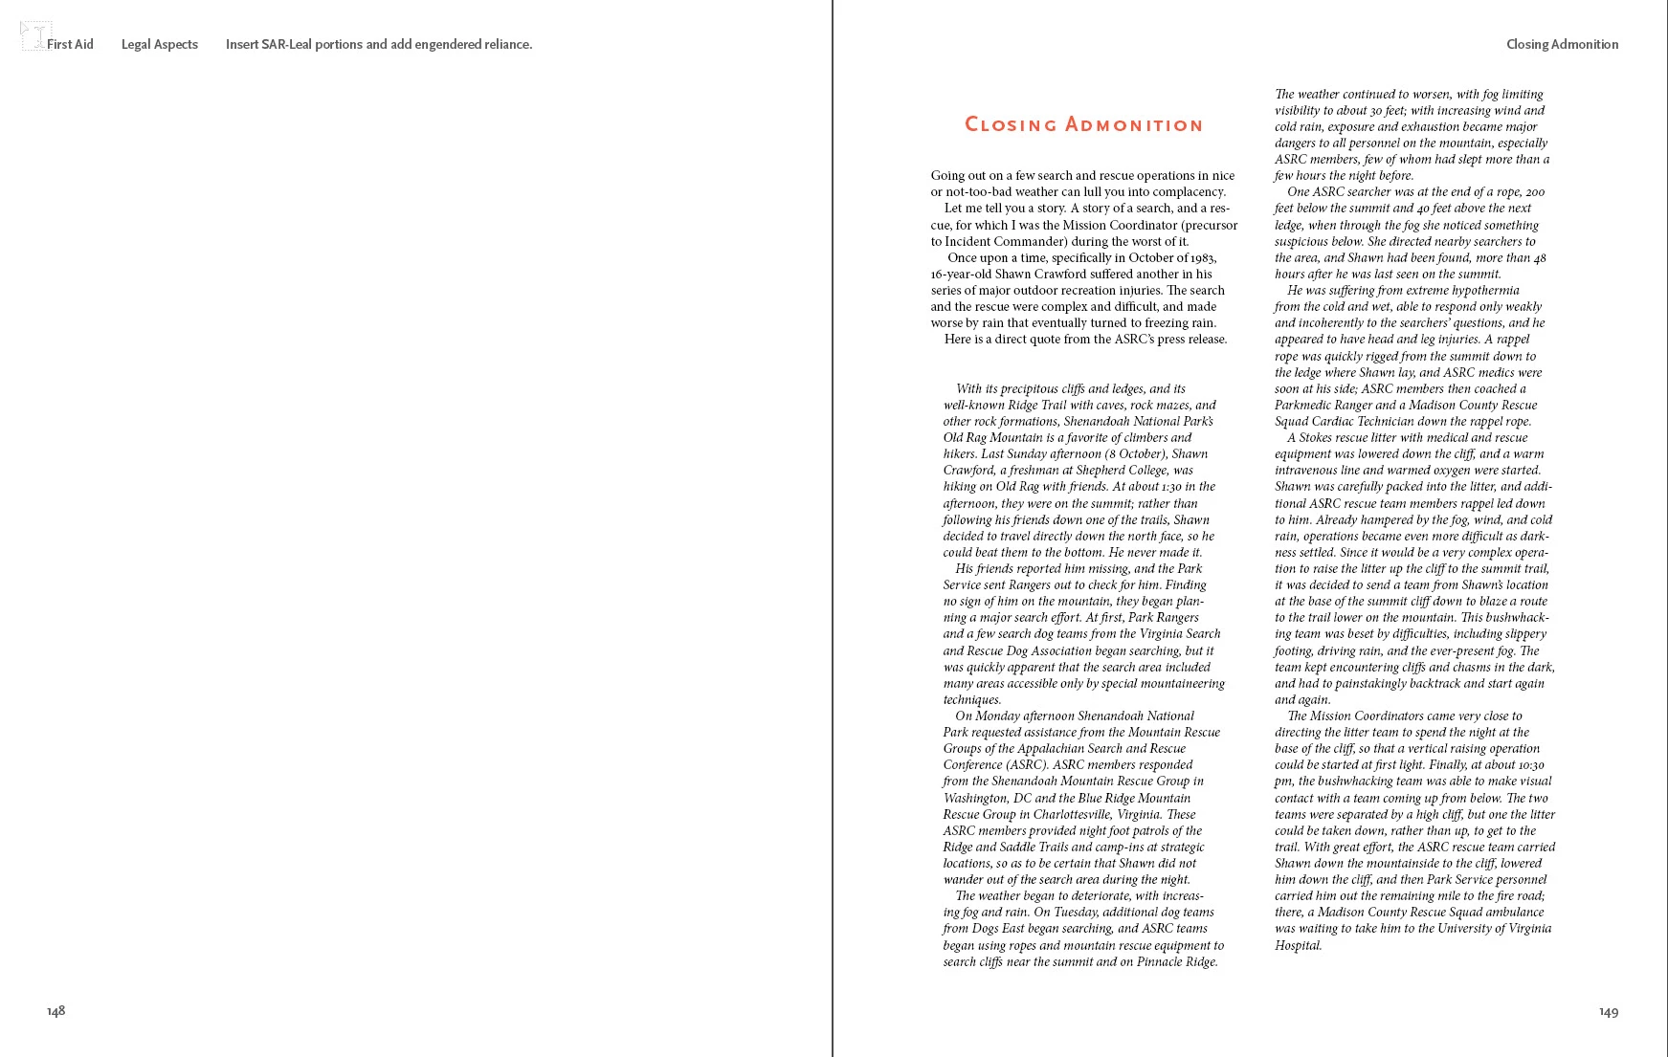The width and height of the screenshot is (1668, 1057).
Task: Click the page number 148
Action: point(56,1011)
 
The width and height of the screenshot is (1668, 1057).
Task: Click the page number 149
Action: point(1608,1012)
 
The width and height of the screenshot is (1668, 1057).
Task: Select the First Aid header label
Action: point(70,44)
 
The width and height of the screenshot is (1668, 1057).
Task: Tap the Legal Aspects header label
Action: point(159,44)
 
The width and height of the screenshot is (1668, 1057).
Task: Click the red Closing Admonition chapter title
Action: point(1083,124)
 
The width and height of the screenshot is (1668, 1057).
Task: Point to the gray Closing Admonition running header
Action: point(1562,44)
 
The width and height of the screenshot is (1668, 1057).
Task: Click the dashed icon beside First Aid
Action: point(34,36)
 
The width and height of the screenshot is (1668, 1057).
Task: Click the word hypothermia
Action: point(1485,291)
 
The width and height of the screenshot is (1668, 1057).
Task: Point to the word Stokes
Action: point(1317,438)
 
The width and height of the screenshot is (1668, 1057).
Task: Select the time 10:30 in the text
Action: point(1529,765)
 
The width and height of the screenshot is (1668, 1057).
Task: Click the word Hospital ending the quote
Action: point(1298,946)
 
